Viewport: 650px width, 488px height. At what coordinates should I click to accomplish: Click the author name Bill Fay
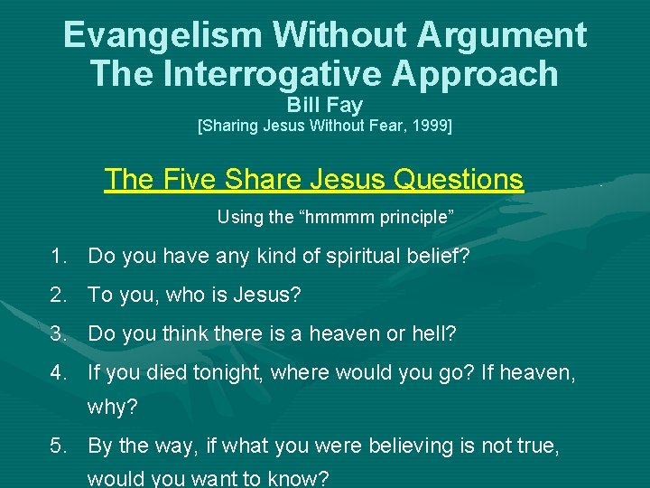point(325,106)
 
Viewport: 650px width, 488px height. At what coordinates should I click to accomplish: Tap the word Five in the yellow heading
point(194,179)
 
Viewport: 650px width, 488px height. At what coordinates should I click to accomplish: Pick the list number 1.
point(60,257)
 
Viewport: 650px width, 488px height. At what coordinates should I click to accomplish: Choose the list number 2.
point(60,295)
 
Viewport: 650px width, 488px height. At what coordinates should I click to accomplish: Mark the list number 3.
point(60,333)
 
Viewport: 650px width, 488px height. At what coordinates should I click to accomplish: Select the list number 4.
point(60,371)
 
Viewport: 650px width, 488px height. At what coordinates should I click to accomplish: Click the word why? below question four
point(112,408)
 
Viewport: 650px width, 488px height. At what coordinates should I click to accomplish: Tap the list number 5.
point(60,446)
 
